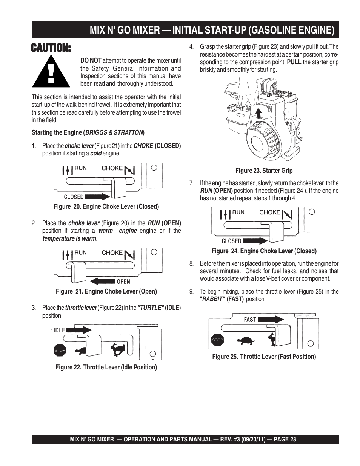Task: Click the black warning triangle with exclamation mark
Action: tap(51, 72)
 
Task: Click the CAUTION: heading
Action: tap(51, 48)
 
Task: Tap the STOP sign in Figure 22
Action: tap(60, 350)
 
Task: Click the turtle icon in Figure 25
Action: tap(245, 340)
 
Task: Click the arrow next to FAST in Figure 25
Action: tap(271, 319)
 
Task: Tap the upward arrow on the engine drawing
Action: tap(258, 113)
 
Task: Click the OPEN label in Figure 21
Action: tap(123, 281)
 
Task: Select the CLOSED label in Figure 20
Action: tap(74, 197)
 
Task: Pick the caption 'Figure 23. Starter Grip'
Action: tap(264, 171)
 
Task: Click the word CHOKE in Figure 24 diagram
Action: tap(270, 212)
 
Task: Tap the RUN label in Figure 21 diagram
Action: tap(80, 252)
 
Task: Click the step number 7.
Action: tap(191, 183)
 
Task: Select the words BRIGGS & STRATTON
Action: tap(114, 132)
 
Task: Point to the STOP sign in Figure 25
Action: tap(217, 340)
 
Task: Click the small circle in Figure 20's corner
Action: tap(154, 168)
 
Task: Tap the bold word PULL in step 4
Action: tap(294, 62)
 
